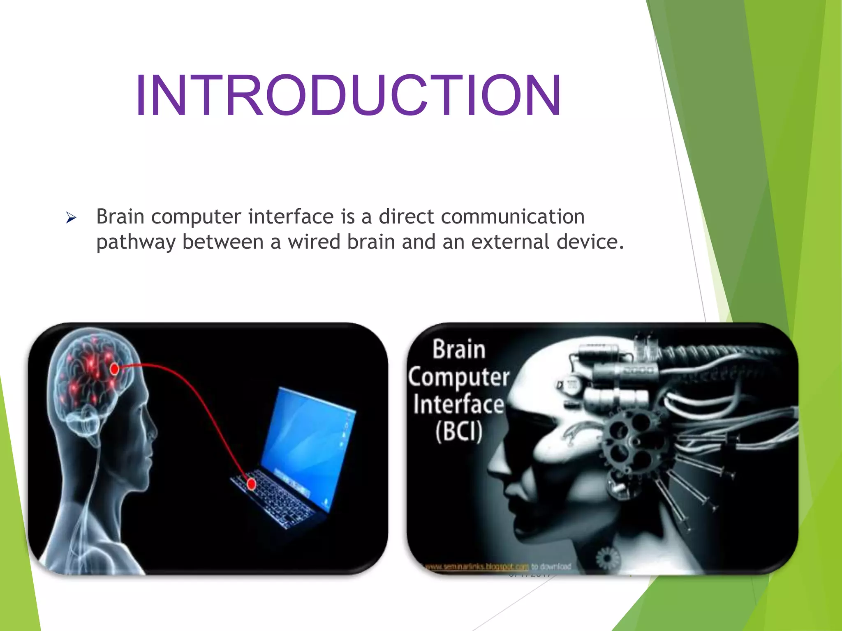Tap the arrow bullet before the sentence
[71, 218]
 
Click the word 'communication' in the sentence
[512, 217]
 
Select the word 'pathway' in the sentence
[136, 242]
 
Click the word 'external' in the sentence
[510, 242]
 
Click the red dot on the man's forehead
[115, 369]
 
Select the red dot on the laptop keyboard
[251, 484]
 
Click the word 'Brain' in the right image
[459, 350]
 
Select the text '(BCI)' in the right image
[459, 431]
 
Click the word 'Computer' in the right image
[459, 377]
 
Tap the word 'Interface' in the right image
[459, 404]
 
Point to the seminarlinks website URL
[477, 567]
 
